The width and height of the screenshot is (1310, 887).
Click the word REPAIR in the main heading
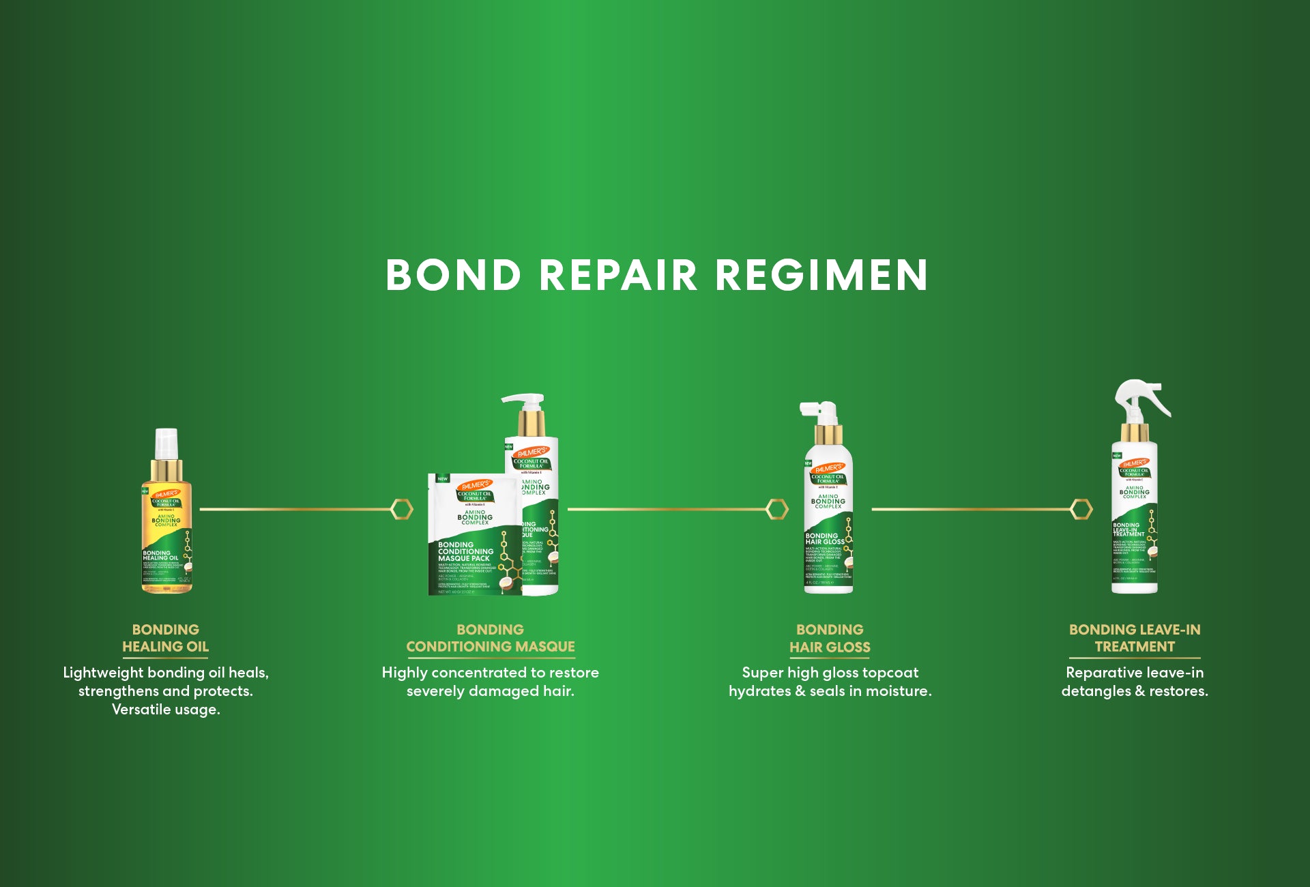618,275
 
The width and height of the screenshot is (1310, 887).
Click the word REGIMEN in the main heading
821,275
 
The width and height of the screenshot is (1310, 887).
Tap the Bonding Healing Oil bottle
166,525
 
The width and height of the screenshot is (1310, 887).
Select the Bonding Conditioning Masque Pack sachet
474,536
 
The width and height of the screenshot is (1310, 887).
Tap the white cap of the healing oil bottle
166,443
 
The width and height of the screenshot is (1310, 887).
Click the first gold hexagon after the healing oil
402,509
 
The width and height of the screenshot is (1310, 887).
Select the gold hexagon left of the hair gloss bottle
777,509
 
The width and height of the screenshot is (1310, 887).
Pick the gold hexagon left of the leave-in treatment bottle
1081,509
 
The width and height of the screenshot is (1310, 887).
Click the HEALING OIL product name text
165,647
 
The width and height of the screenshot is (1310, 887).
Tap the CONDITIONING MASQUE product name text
491,647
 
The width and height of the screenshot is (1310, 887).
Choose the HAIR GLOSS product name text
830,648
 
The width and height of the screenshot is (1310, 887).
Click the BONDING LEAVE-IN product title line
1135,630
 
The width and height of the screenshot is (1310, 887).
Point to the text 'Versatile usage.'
166,710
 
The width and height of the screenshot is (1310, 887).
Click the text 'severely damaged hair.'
491,691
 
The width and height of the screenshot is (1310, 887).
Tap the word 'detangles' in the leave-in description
1096,691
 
